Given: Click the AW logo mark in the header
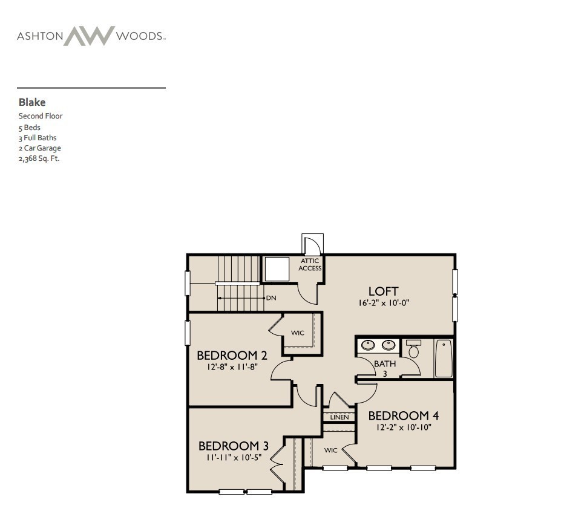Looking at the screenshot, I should [x=89, y=36].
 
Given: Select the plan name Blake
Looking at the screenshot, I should [x=32, y=102].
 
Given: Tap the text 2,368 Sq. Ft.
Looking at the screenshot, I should [x=39, y=158].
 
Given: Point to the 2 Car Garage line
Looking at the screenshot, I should [x=39, y=148].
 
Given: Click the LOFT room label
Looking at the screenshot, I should [x=383, y=291].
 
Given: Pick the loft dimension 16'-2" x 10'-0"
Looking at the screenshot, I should [x=384, y=303].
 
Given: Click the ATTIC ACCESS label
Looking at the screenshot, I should [x=310, y=264].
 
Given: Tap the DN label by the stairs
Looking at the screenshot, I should [x=271, y=298].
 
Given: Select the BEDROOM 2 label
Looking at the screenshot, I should [x=232, y=356].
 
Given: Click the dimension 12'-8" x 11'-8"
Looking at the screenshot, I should [x=232, y=366].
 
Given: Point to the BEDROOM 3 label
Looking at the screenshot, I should [x=233, y=446].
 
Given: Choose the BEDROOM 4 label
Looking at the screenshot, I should [x=403, y=416].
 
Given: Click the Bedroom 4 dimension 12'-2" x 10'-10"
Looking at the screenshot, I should [x=403, y=427].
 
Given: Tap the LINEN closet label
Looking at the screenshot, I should [x=339, y=417].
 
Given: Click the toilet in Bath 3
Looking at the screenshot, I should [x=414, y=350].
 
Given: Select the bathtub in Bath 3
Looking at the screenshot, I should [x=444, y=359].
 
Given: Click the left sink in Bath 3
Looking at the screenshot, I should [x=367, y=346].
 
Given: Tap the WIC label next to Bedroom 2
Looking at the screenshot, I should [x=297, y=333].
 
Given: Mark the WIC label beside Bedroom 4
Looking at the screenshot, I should [x=330, y=450].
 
